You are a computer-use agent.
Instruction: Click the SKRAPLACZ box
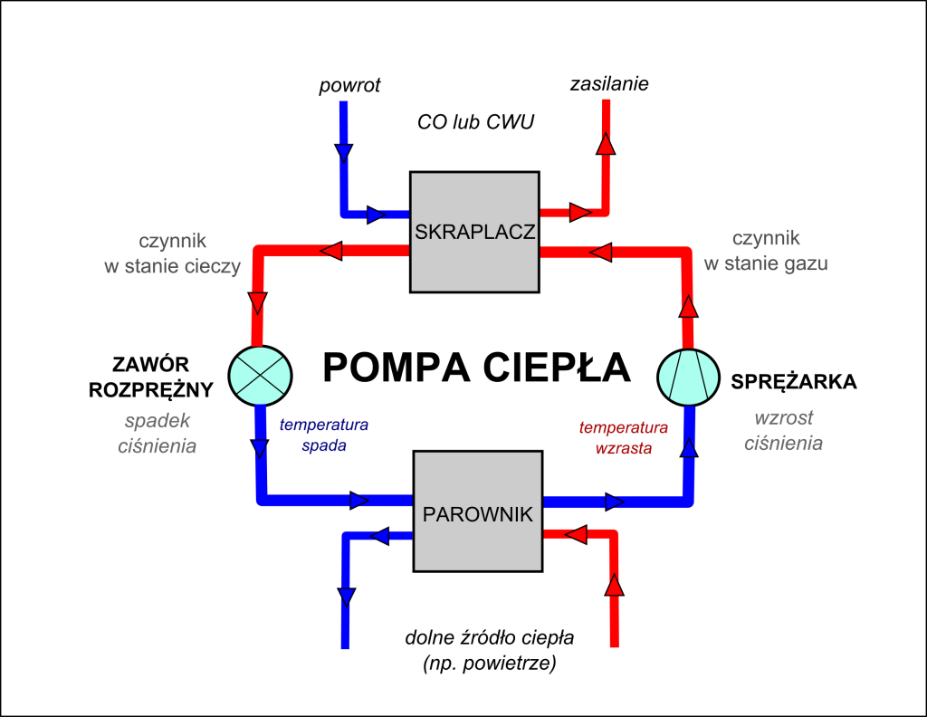(x=474, y=232)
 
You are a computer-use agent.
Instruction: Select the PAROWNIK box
(x=478, y=511)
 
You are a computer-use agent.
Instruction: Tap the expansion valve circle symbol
(x=260, y=376)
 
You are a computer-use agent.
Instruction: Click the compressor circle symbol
(x=688, y=378)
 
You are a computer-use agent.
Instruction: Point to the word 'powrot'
(x=349, y=85)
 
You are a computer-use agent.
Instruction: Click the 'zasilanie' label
(x=609, y=84)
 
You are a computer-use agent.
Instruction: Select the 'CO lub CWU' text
(x=475, y=122)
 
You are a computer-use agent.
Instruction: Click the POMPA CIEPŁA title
(x=476, y=367)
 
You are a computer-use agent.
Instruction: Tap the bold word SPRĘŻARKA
(x=793, y=382)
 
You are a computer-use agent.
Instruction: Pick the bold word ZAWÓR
(x=151, y=364)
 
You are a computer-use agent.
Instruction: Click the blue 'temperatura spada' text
(x=323, y=435)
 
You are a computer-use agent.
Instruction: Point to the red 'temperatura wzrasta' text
(x=623, y=437)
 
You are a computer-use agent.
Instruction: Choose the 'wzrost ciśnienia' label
(x=783, y=430)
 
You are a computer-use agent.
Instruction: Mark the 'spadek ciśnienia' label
(x=157, y=433)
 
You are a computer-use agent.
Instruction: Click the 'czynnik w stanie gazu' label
(x=766, y=251)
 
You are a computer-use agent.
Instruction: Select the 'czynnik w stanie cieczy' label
(x=173, y=253)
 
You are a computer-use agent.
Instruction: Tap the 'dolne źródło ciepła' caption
(x=490, y=638)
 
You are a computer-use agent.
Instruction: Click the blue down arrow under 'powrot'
(x=343, y=153)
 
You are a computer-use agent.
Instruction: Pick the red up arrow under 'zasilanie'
(x=606, y=144)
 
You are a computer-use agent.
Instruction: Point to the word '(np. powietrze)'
(x=490, y=664)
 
